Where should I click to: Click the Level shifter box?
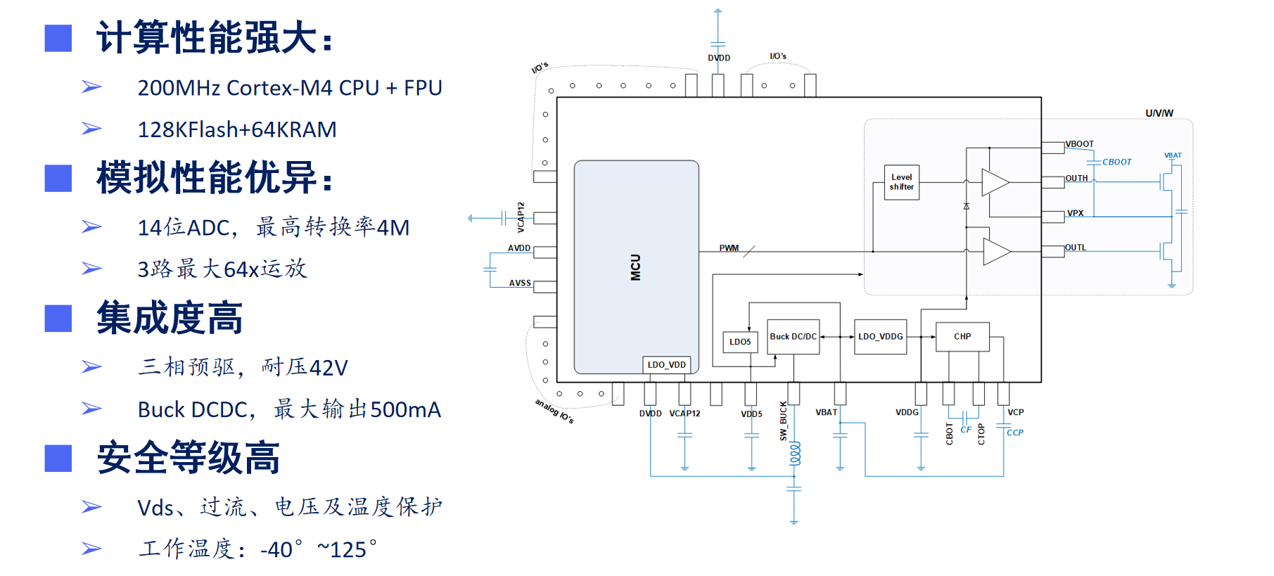[901, 182]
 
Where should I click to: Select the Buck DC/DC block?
[794, 337]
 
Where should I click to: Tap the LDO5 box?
[740, 342]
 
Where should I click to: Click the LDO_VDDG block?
[880, 337]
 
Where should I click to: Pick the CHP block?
[962, 337]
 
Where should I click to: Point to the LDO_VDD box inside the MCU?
[666, 365]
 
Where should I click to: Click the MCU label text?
[636, 267]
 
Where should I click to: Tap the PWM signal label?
[729, 248]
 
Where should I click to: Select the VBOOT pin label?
[1080, 144]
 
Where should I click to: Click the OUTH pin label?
[1076, 179]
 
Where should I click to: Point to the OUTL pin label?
[1076, 248]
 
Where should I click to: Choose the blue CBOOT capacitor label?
[1116, 162]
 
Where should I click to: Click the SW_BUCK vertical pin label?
[784, 421]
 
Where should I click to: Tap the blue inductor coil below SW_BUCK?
[795, 454]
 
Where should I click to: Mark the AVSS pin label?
[520, 283]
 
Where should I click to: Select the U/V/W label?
[1159, 113]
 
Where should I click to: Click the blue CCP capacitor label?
[1014, 433]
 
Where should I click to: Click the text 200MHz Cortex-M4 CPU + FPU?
[290, 88]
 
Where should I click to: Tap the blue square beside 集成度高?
[58, 319]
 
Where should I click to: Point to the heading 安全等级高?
[189, 458]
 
